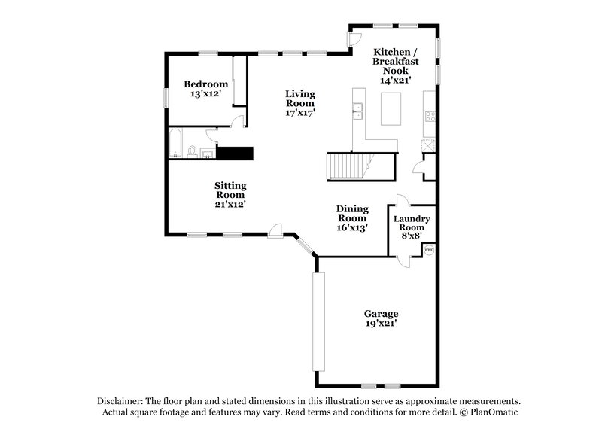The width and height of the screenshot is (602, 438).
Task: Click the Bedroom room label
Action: coord(206,84)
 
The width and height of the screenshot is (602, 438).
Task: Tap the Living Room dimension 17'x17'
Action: coord(299,112)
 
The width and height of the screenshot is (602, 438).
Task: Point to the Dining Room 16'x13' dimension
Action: coord(351,227)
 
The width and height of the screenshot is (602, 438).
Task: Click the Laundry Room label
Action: coord(411,223)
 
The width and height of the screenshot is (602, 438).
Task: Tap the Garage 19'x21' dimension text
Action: coord(381,323)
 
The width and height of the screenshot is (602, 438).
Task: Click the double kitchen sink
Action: coord(357,113)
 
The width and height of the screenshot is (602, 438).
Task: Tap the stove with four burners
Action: coord(431,116)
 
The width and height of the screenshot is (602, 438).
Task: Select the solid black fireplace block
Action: coord(234,153)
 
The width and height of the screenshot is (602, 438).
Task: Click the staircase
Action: coord(348,166)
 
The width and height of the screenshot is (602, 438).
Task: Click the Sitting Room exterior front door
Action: coord(276,230)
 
